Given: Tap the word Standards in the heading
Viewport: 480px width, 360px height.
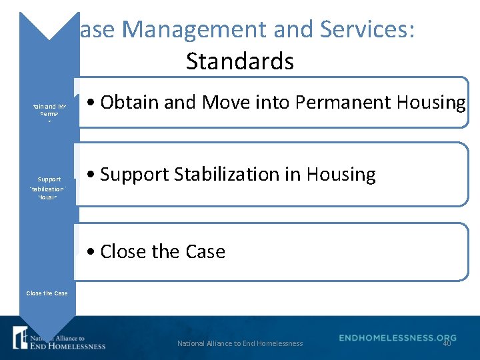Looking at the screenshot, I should pyautogui.click(x=240, y=61).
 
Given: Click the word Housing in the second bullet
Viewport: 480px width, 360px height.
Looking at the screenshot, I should pyautogui.click(x=341, y=175).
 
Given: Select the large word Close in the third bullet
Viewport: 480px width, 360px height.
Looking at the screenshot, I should pyautogui.click(x=123, y=252).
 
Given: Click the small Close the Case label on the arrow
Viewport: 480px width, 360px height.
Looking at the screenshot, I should pyautogui.click(x=47, y=293).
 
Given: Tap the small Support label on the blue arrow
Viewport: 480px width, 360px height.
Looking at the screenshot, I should pyautogui.click(x=49, y=179).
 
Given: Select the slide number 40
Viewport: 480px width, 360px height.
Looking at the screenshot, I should pyautogui.click(x=447, y=343).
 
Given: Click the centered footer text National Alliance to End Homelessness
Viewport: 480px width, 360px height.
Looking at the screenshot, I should pyautogui.click(x=240, y=343).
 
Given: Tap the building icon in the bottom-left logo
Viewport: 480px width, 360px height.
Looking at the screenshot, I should pyautogui.click(x=21, y=338).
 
